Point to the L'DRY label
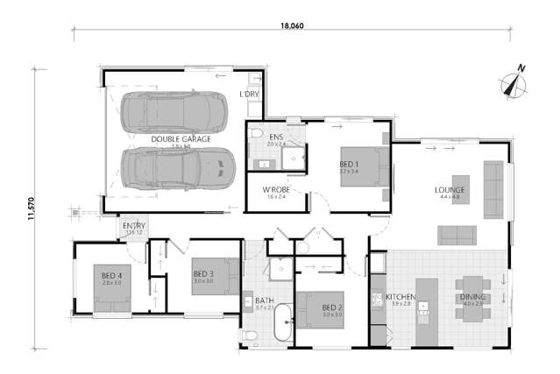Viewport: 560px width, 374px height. tap(249, 93)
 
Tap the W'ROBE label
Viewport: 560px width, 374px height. tap(277, 189)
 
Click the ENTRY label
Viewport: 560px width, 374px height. tap(133, 226)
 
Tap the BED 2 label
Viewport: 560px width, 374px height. tap(331, 307)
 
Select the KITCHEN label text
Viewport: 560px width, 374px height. tap(400, 298)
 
